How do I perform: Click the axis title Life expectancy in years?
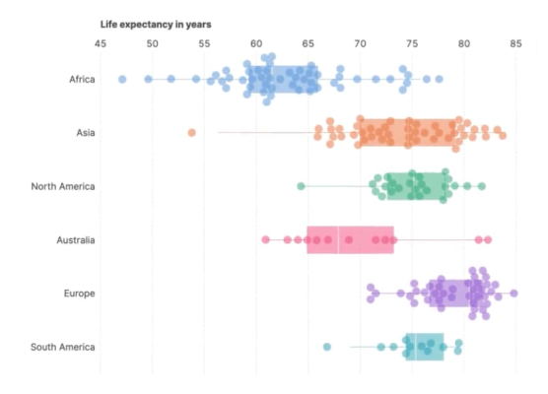click(156, 24)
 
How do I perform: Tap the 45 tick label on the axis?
click(101, 43)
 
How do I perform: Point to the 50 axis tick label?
click(152, 43)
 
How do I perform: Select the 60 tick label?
click(256, 43)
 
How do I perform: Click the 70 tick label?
click(360, 43)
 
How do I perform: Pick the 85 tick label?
click(516, 43)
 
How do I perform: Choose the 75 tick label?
click(412, 43)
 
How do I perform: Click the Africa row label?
click(82, 80)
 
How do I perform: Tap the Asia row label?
click(86, 133)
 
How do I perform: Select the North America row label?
click(63, 186)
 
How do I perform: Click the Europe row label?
click(79, 294)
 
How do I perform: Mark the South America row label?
click(62, 347)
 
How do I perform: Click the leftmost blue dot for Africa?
click(122, 79)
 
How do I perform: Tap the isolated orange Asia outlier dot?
click(191, 132)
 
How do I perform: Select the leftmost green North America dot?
click(301, 186)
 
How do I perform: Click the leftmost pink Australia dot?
click(266, 239)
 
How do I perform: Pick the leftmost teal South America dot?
click(327, 347)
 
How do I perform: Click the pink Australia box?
click(350, 239)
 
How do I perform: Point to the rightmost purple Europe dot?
click(514, 294)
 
